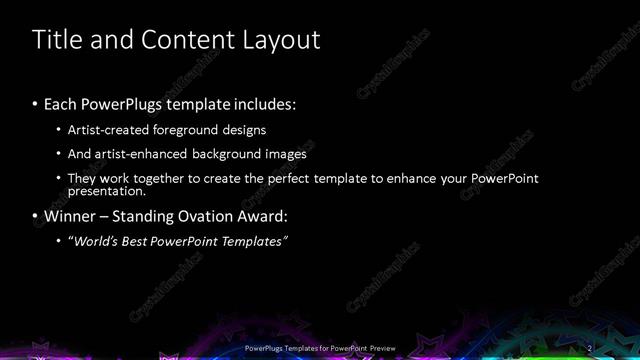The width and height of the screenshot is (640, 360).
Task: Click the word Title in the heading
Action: click(x=56, y=40)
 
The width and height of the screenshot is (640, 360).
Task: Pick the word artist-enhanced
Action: click(x=144, y=155)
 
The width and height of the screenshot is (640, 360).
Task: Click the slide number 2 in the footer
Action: click(x=589, y=347)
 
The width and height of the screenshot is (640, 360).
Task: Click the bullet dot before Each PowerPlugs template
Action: click(x=36, y=104)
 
